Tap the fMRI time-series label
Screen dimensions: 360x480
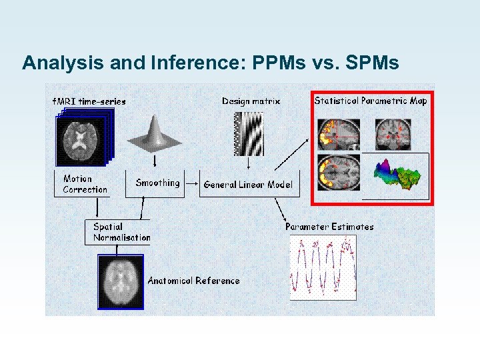(89, 102)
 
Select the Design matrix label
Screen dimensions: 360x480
(251, 101)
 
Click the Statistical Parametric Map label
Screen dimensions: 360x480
(371, 101)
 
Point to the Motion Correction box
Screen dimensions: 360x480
(85, 184)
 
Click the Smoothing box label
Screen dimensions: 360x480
(157, 183)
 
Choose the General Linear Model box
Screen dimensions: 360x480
(247, 185)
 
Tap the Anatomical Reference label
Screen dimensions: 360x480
(193, 281)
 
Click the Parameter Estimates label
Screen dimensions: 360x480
(329, 227)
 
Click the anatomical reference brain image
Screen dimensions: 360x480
(120, 283)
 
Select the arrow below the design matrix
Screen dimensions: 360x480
(248, 163)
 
